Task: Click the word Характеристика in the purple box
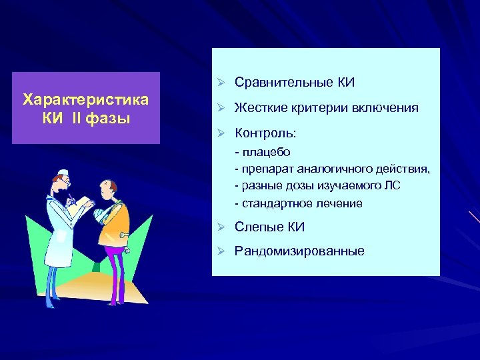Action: pyautogui.click(x=86, y=100)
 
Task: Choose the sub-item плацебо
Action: pyautogui.click(x=265, y=152)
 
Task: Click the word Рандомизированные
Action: pyautogui.click(x=299, y=251)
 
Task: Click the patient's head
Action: pyautogui.click(x=107, y=189)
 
